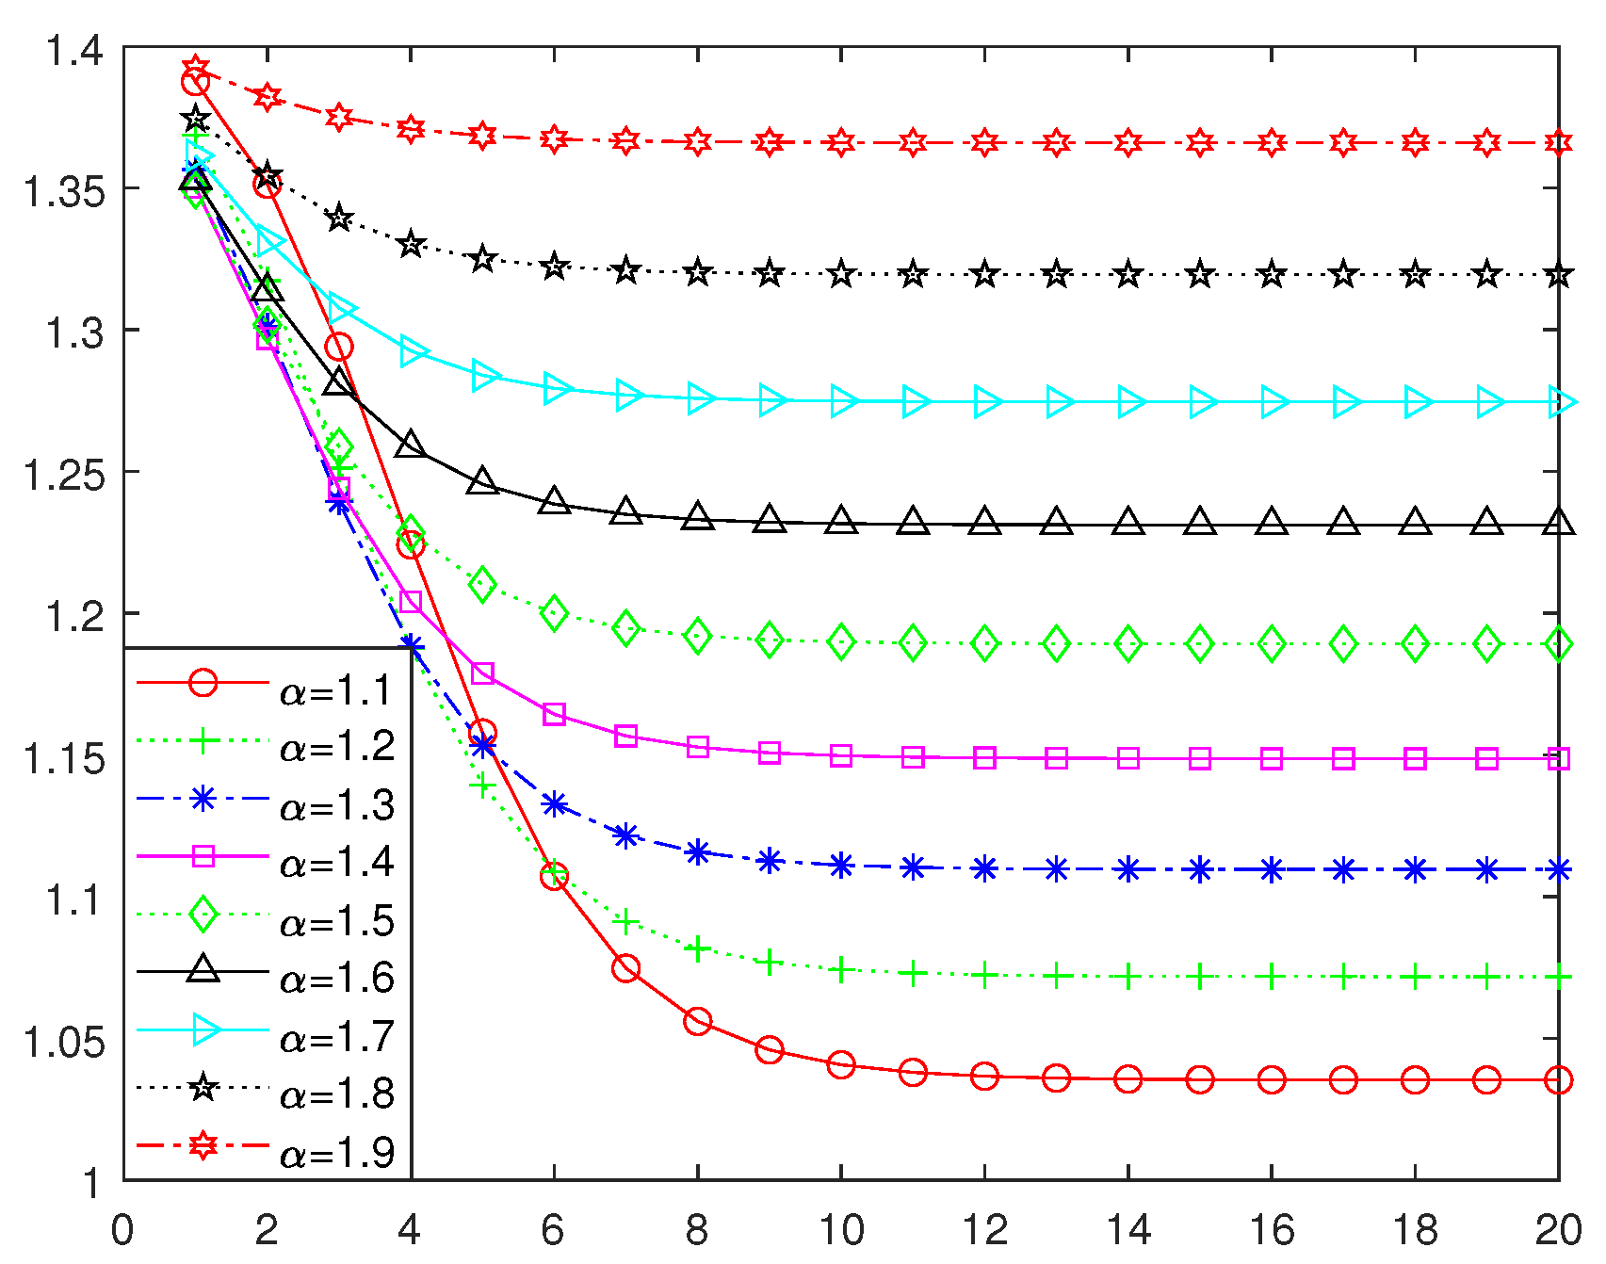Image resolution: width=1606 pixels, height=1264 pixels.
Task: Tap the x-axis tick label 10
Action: point(841,1230)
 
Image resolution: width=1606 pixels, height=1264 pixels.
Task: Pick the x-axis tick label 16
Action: point(1272,1230)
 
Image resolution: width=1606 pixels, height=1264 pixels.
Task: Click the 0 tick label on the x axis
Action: point(122,1230)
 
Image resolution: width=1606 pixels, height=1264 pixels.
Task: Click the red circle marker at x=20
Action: point(1559,1079)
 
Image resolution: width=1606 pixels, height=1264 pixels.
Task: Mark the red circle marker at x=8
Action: point(698,1021)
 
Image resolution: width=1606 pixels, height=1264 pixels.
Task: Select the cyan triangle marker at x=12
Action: point(985,402)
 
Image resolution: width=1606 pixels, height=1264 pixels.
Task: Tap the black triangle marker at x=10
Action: point(841,520)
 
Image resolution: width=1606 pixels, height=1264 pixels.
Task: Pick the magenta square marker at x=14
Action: point(1128,758)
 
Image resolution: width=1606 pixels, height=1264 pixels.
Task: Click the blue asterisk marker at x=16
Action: point(1272,869)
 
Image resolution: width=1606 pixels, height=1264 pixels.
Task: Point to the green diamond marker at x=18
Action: point(1415,644)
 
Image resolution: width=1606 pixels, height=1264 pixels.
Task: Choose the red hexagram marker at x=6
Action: point(555,139)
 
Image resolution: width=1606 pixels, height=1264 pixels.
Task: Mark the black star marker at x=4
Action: point(411,245)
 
